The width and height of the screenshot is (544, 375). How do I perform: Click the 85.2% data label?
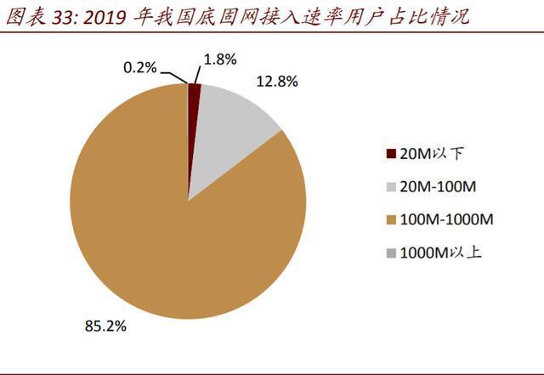[105, 326]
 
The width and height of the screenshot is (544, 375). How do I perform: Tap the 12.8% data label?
[277, 82]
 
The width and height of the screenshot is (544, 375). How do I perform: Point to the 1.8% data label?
[220, 60]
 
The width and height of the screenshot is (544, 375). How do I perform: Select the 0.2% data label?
[139, 67]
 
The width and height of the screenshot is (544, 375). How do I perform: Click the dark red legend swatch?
[391, 153]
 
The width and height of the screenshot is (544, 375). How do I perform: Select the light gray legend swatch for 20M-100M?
[391, 187]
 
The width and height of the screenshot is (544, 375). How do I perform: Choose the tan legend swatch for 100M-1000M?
[391, 219]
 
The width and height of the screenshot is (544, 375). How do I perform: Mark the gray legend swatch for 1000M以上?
[391, 253]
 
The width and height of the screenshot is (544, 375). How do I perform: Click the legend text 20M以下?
[432, 153]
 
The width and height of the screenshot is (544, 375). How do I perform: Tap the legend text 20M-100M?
[439, 187]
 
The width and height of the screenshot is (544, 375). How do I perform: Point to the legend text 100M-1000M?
[446, 219]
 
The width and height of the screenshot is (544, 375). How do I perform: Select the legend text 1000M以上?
[441, 253]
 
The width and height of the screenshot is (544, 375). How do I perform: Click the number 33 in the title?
[61, 17]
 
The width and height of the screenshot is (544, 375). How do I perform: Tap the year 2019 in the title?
[105, 17]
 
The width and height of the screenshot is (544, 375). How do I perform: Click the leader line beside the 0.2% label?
[174, 77]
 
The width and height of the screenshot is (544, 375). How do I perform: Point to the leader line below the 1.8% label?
[197, 75]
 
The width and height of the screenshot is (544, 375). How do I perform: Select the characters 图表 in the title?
[26, 17]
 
